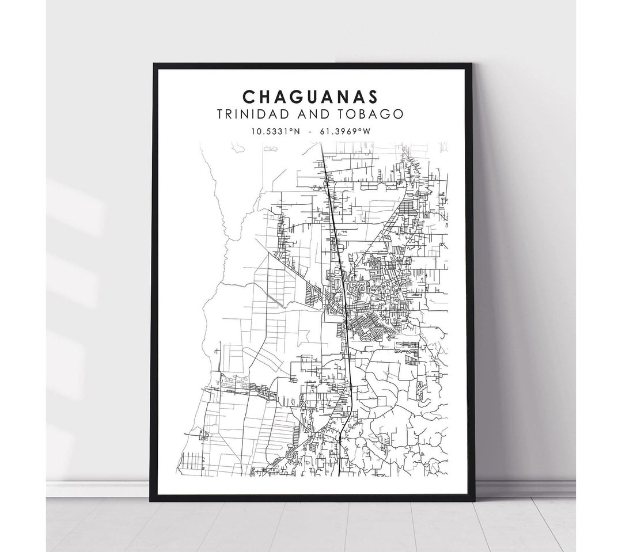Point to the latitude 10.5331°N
[x=274, y=131]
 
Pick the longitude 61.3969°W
[x=348, y=131]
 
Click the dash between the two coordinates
[x=310, y=131]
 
